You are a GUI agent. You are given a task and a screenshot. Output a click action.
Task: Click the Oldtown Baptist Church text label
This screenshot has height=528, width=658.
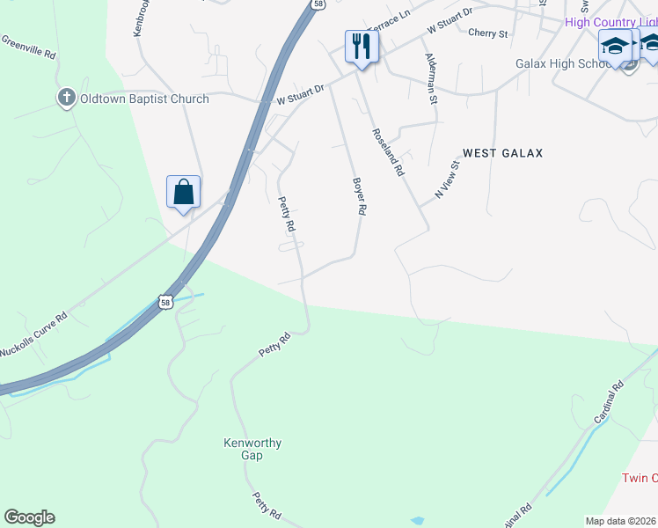click(144, 99)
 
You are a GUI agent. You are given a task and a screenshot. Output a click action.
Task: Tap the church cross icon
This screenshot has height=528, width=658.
click(66, 98)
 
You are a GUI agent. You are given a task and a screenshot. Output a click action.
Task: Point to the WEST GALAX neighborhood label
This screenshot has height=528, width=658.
click(502, 153)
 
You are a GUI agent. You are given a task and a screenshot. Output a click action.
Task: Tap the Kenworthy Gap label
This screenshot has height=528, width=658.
click(252, 449)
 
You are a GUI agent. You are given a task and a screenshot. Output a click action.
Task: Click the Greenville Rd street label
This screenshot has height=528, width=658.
click(29, 48)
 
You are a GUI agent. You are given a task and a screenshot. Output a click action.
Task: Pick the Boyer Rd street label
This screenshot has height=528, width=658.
click(359, 196)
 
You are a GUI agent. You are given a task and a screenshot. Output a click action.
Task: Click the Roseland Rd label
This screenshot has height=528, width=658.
click(387, 153)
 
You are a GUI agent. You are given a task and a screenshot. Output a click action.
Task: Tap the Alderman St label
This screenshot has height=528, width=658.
click(431, 78)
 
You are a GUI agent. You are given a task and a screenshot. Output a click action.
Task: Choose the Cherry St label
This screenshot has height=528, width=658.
click(488, 33)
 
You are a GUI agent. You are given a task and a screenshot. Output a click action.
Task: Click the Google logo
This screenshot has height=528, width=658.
click(29, 517)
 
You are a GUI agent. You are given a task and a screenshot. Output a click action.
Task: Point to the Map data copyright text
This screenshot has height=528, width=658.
click(621, 521)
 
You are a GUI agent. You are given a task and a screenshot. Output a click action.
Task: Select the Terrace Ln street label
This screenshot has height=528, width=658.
click(389, 20)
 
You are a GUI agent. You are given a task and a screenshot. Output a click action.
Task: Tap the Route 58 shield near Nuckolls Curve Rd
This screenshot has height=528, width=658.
click(165, 303)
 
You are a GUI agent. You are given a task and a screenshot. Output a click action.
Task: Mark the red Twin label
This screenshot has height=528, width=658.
click(640, 478)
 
